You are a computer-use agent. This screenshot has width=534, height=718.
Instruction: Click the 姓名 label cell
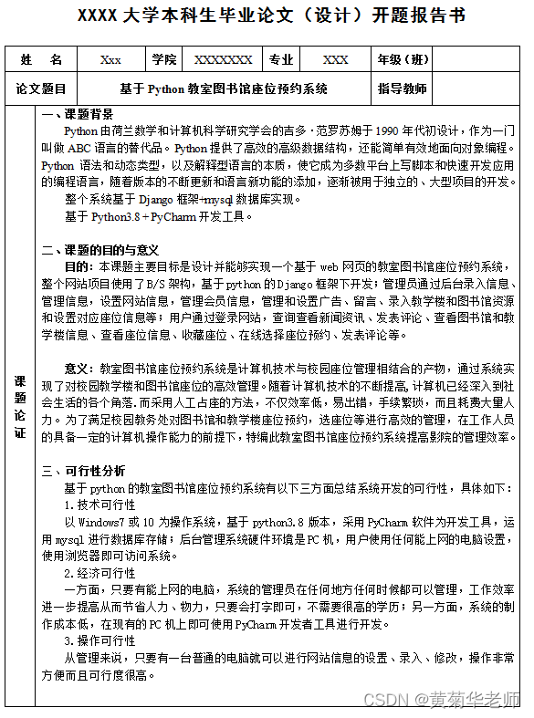(41, 59)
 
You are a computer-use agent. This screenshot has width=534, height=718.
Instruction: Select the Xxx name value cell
(110, 59)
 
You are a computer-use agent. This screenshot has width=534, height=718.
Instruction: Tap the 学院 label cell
(164, 59)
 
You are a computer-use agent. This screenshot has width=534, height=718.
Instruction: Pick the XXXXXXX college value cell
(224, 59)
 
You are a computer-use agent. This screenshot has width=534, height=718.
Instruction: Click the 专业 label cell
(281, 59)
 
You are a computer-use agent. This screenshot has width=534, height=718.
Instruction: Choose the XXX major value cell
(335, 59)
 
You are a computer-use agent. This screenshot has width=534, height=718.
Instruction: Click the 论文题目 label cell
(41, 89)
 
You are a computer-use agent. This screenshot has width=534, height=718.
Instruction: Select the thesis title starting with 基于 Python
(224, 89)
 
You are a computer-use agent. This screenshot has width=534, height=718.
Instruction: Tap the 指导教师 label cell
(402, 89)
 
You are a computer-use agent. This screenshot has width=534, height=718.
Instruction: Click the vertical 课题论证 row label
(20, 406)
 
